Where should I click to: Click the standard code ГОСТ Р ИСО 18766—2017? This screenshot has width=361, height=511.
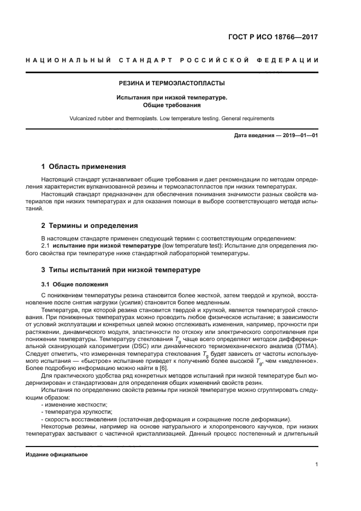[x=273, y=38]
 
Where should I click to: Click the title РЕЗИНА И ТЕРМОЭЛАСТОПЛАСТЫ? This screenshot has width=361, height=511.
[x=172, y=84]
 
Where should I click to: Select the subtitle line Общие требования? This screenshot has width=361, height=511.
[x=172, y=105]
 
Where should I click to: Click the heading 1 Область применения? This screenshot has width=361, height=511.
[x=84, y=166]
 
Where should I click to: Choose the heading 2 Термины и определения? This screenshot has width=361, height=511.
[x=90, y=225]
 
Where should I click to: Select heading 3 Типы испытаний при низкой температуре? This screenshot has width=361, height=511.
[x=121, y=270]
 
